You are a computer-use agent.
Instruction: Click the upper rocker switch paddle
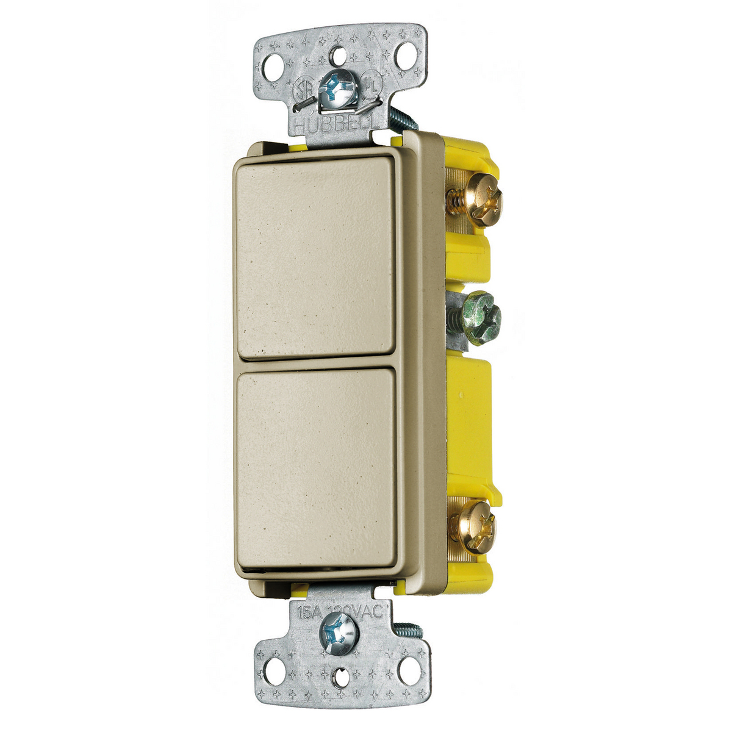click(x=315, y=256)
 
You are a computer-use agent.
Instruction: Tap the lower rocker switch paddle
click(x=316, y=470)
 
